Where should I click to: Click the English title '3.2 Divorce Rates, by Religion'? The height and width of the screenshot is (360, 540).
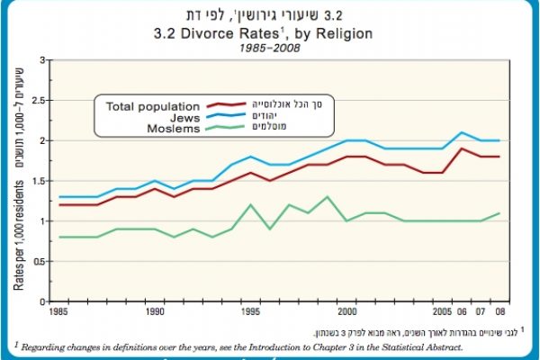[x=270, y=34]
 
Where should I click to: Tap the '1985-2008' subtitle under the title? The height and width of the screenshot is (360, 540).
[x=270, y=49]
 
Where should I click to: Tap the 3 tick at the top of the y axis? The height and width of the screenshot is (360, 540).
[x=40, y=60]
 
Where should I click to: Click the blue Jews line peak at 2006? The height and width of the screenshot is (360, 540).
[x=462, y=132]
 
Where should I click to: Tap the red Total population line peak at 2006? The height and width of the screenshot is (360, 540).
[x=462, y=148]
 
